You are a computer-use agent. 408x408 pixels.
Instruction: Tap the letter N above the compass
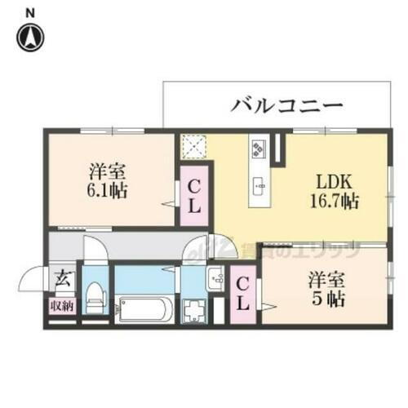[31, 11]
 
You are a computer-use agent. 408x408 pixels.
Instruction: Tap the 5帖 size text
[326, 299]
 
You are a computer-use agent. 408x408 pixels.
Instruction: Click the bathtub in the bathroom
[144, 309]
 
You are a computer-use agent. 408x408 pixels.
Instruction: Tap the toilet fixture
[95, 295]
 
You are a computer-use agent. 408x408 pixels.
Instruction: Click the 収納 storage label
[61, 307]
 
